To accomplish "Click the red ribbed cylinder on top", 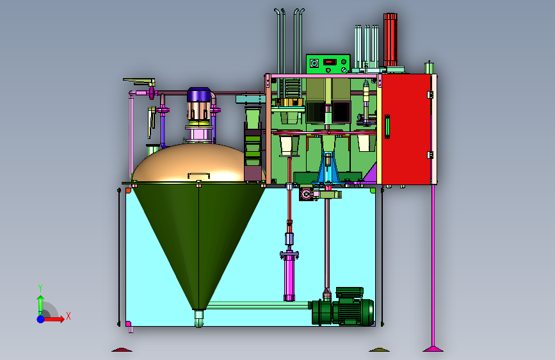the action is click(390, 40).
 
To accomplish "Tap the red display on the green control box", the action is click(330, 61).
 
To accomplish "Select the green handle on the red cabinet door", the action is click(387, 127).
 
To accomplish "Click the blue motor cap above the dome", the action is click(198, 95).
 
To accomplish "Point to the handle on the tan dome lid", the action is click(198, 175).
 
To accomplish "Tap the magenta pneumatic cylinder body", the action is click(289, 275).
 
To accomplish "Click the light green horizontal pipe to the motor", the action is click(259, 305).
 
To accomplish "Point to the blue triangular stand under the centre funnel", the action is click(328, 168).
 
